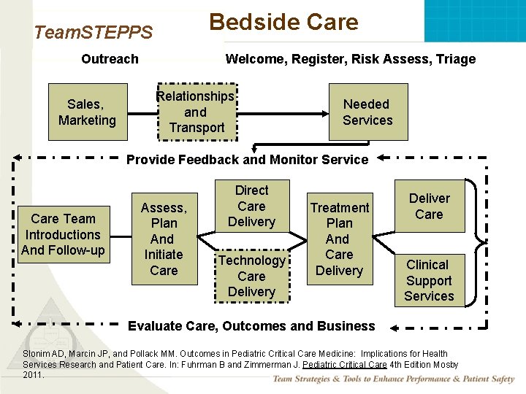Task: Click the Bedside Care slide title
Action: [x=283, y=22]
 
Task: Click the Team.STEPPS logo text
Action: [x=94, y=32]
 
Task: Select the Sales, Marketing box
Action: [x=87, y=112]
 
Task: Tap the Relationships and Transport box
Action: [x=196, y=112]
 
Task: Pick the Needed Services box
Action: [x=367, y=112]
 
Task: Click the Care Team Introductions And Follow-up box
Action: [x=63, y=234]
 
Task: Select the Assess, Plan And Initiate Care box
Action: [x=164, y=239]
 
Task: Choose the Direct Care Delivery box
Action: [x=251, y=206]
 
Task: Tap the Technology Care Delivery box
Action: [x=251, y=276]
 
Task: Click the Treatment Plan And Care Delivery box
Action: [x=339, y=239]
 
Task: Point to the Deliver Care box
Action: [x=430, y=206]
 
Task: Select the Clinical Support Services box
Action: [x=430, y=280]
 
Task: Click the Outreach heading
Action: [x=110, y=59]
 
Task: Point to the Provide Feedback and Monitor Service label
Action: [x=248, y=160]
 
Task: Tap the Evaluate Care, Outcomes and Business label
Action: [x=252, y=326]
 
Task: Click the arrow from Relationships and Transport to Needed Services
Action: [x=285, y=113]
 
